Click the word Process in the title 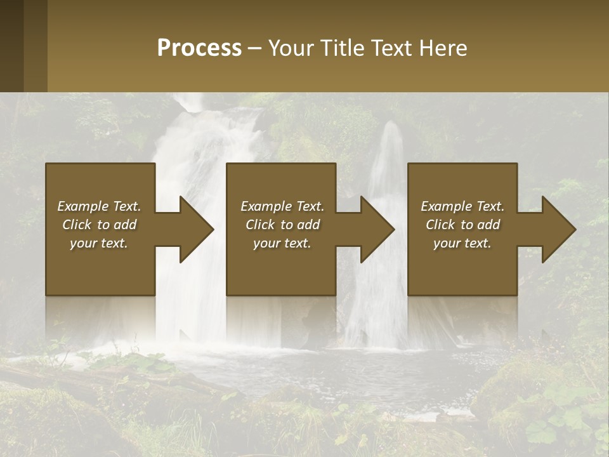[199, 48]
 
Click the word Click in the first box [77, 225]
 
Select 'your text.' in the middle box [282, 243]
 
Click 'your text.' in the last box [462, 243]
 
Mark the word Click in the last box [441, 225]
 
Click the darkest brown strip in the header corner [11, 46]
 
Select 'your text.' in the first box [98, 243]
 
